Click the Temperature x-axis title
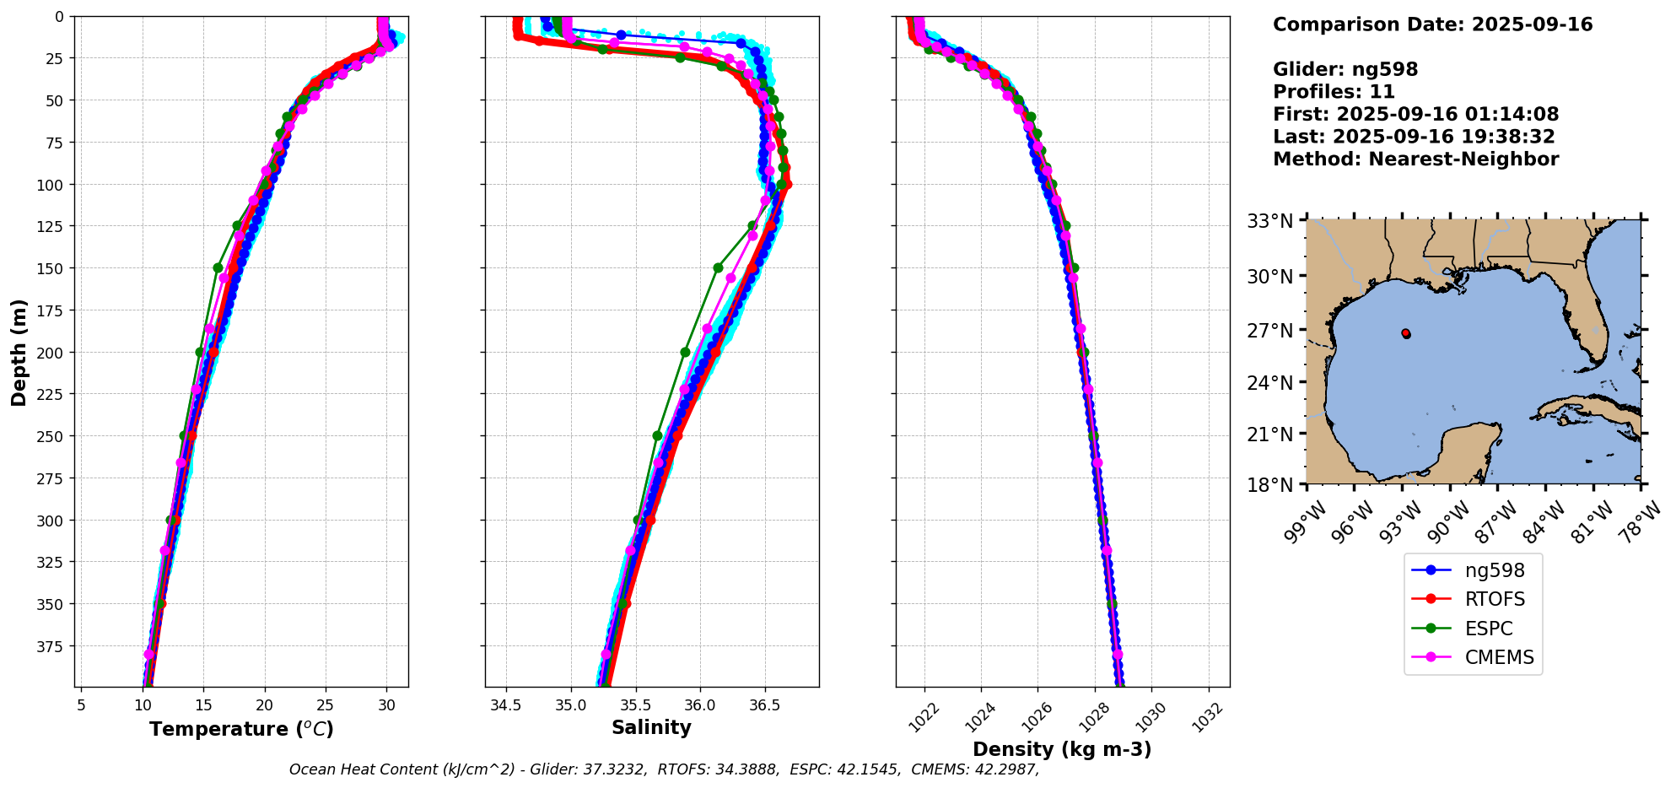click(x=241, y=729)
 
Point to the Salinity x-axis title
click(x=651, y=727)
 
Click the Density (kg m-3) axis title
click(x=1062, y=749)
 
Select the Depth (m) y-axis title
click(x=19, y=352)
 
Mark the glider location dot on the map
click(x=1406, y=334)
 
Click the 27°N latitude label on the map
click(x=1269, y=331)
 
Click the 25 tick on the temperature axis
click(x=326, y=704)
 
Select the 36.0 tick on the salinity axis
click(x=699, y=704)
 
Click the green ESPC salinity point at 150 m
click(x=718, y=267)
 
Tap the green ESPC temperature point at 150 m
click(x=218, y=267)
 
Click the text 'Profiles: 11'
click(x=1334, y=92)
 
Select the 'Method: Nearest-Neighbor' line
click(x=1415, y=159)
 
